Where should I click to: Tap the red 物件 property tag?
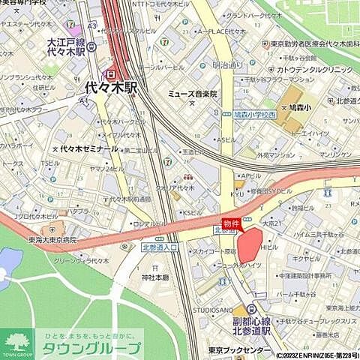pyautogui.click(x=232, y=223)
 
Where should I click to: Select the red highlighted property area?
pyautogui.click(x=250, y=244)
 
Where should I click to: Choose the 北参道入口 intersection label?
pyautogui.click(x=159, y=247)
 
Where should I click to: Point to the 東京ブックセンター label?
pyautogui.click(x=240, y=350)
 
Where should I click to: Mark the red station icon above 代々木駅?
pyautogui.click(x=111, y=73)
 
